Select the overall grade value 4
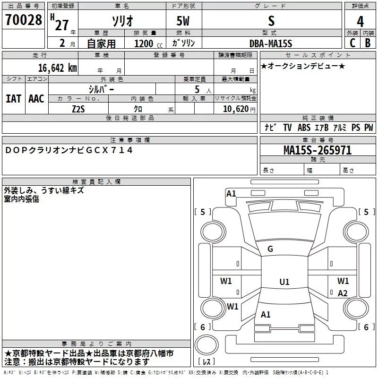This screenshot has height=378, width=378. click(361, 21)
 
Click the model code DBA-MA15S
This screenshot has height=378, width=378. click(271, 43)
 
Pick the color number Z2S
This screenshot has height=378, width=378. click(78, 108)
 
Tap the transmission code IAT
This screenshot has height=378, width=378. click(13, 98)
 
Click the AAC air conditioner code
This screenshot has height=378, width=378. click(36, 98)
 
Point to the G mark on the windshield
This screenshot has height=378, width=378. click(270, 249)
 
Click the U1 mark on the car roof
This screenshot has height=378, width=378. click(284, 282)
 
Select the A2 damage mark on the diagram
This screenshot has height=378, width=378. click(343, 293)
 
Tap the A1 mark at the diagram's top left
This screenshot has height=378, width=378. click(231, 193)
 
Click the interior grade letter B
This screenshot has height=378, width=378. click(368, 43)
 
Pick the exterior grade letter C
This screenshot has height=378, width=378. click(352, 43)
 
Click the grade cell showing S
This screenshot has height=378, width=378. click(271, 21)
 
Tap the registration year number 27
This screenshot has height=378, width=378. click(62, 25)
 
